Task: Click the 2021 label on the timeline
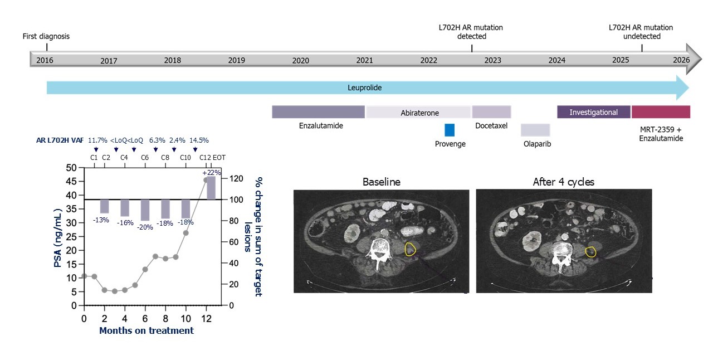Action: tap(364, 60)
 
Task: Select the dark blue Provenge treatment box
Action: tap(450, 130)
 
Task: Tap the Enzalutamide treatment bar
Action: tap(318, 111)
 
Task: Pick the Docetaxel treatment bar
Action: tap(491, 111)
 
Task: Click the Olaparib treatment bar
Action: tap(535, 130)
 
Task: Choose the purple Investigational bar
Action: tap(594, 112)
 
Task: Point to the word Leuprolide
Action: tap(365, 88)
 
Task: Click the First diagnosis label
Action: tap(46, 37)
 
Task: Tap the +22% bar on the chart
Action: tap(211, 187)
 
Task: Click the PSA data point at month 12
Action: tap(206, 180)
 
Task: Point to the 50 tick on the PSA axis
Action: tap(72, 168)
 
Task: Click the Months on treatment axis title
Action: tap(146, 330)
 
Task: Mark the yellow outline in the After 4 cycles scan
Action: tap(590, 252)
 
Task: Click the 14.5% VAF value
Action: tap(199, 140)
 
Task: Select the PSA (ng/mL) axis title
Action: tap(58, 237)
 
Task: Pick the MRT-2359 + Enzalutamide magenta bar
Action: tap(661, 112)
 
